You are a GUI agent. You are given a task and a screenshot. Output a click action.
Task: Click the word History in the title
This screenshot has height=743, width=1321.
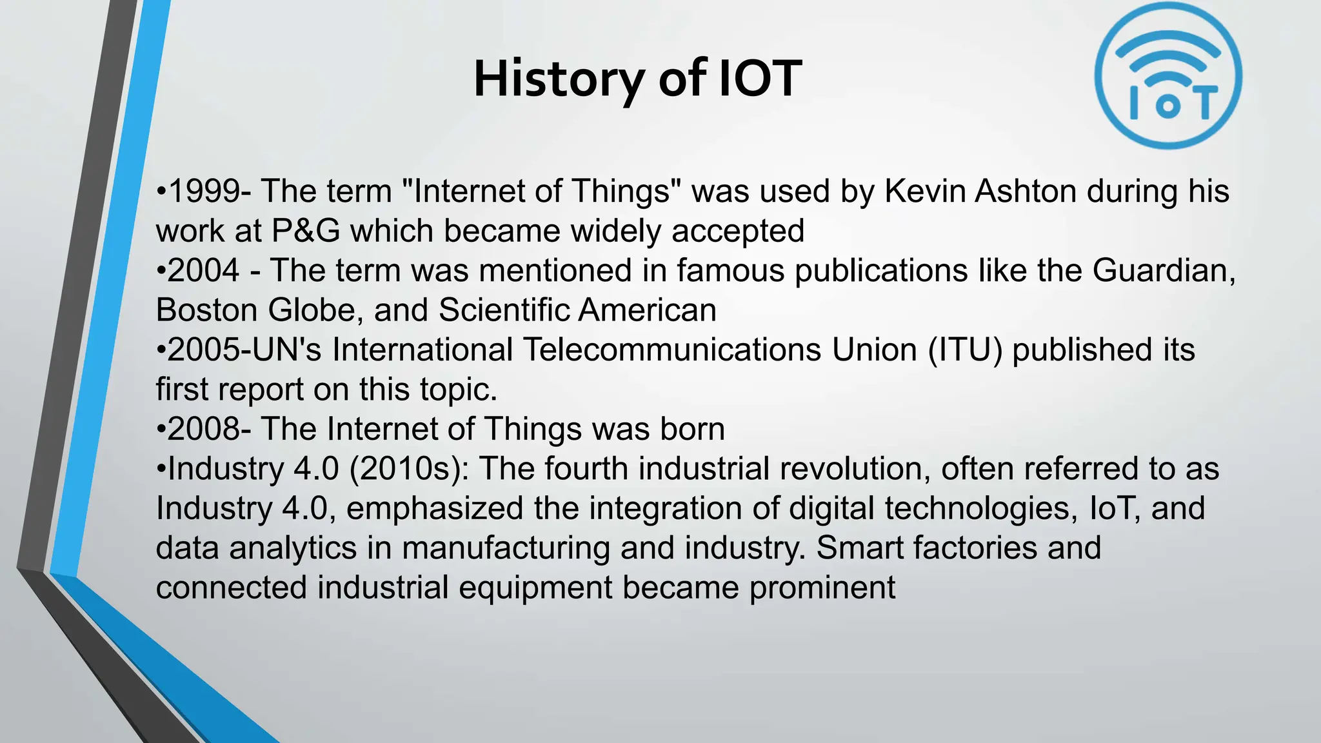click(x=559, y=79)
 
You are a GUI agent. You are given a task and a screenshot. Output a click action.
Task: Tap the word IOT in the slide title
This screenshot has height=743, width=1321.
click(x=760, y=79)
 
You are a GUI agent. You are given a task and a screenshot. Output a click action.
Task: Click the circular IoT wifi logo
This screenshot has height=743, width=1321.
click(x=1168, y=76)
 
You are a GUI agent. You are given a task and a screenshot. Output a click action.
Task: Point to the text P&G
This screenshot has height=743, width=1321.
click(x=306, y=231)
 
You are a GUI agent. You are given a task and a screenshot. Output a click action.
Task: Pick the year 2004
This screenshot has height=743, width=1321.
click(x=203, y=270)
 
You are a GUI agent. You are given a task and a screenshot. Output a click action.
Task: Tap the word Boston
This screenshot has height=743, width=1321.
click(x=206, y=310)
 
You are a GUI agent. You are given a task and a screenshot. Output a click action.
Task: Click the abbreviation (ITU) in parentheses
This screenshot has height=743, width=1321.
click(x=965, y=350)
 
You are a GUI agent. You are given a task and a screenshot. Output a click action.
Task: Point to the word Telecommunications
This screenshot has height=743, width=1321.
click(x=671, y=350)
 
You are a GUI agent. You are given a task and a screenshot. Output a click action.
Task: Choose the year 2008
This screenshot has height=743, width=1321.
click(x=203, y=430)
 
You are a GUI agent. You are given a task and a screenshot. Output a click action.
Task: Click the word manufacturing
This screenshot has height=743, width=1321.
click(x=506, y=548)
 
